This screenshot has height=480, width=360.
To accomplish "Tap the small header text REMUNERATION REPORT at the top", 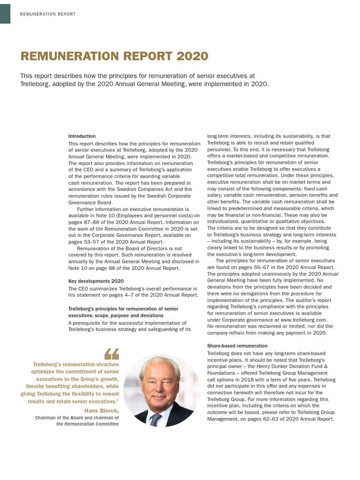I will click(x=48, y=14).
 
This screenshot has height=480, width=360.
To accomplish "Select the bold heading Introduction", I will click(x=82, y=136).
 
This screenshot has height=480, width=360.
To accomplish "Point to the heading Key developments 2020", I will click(x=96, y=281).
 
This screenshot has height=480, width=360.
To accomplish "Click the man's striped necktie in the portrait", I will click(x=155, y=419).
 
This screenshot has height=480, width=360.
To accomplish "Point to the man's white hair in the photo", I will click(x=159, y=364).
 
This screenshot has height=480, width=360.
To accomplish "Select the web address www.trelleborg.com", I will click(x=303, y=320).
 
